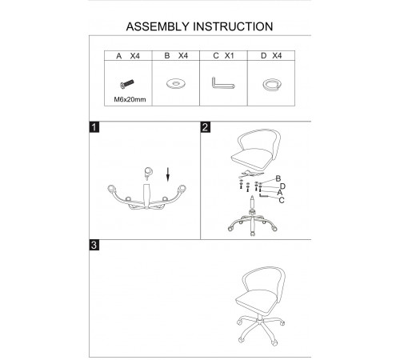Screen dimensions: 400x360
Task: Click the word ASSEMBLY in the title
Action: (x=158, y=26)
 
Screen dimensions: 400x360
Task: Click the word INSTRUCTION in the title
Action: (x=233, y=26)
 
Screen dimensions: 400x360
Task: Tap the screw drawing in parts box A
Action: (x=127, y=84)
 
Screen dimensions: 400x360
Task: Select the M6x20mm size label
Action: (x=130, y=99)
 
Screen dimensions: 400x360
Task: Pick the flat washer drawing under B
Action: (x=175, y=83)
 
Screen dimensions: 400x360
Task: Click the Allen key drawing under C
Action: (x=223, y=83)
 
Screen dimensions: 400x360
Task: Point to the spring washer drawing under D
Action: (x=271, y=85)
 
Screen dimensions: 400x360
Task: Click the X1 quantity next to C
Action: (x=229, y=56)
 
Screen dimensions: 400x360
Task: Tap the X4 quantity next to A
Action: (x=134, y=56)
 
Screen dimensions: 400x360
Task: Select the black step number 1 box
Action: (x=94, y=127)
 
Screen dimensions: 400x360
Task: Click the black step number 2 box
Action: (x=205, y=127)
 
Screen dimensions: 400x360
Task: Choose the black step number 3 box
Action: (x=94, y=245)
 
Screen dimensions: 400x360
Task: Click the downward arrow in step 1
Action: (x=168, y=174)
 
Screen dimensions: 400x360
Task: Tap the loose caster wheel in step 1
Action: (x=148, y=174)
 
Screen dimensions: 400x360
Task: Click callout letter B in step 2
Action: (x=278, y=178)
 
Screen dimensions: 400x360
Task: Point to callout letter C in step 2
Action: (x=282, y=200)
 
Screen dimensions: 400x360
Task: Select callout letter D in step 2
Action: (x=282, y=186)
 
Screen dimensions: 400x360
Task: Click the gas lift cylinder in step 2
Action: (x=252, y=202)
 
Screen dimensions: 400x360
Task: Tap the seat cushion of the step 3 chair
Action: (x=256, y=301)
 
